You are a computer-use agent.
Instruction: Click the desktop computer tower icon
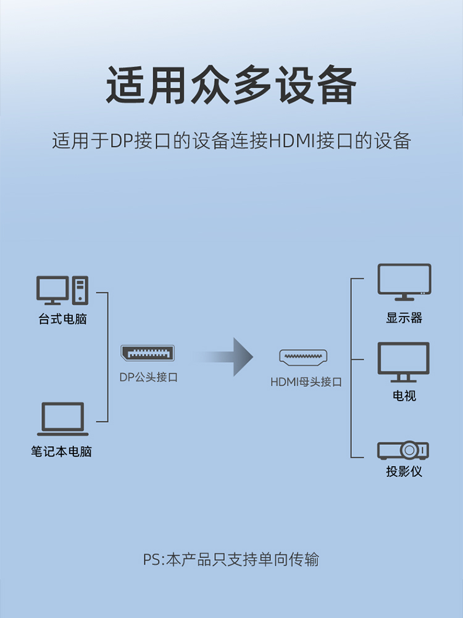click(80, 290)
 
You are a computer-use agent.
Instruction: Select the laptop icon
click(62, 419)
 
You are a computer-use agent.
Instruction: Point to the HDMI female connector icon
click(303, 357)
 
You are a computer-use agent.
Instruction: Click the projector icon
click(404, 449)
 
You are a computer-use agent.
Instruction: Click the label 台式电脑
click(62, 320)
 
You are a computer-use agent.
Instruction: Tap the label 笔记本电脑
click(62, 451)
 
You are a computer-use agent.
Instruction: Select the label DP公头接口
click(148, 377)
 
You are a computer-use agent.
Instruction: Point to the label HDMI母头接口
click(306, 381)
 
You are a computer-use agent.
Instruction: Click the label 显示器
click(404, 318)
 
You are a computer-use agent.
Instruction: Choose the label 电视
click(404, 396)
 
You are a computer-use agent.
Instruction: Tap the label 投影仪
click(404, 472)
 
